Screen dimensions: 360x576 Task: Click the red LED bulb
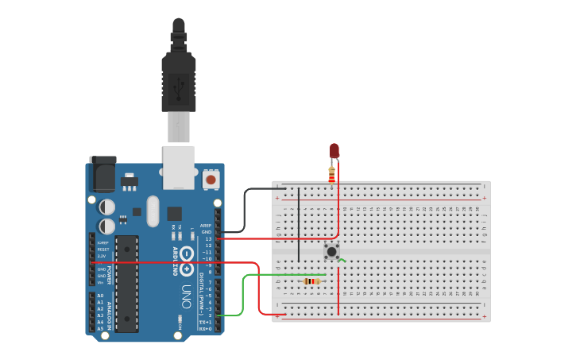point(334,150)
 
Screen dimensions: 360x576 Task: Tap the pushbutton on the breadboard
point(331,252)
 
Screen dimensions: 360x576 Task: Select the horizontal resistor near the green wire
point(312,281)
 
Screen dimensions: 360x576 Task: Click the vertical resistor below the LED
point(331,175)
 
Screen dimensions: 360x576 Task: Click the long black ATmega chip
point(126,282)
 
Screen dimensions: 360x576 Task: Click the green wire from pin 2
point(243,294)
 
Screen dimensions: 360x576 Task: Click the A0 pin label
point(100,295)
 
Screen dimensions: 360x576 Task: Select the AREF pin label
point(206,226)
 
